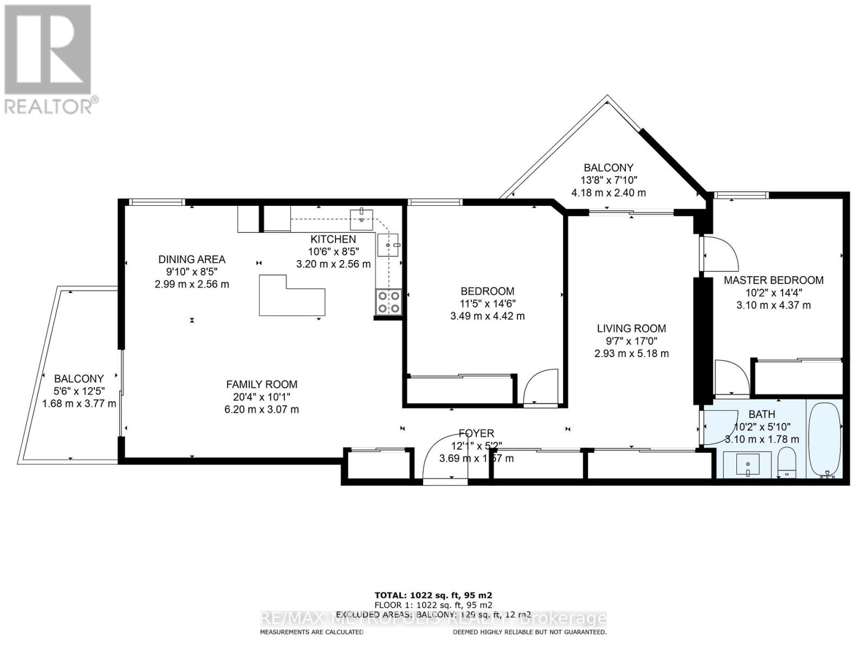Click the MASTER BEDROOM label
[x=773, y=280]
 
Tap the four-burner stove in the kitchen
[x=389, y=302]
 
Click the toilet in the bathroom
[x=786, y=462]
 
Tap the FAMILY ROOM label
[x=262, y=385]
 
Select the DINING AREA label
[x=192, y=259]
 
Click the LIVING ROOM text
[x=631, y=328]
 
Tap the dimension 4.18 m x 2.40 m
[x=608, y=193]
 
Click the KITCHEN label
[x=333, y=239]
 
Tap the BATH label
[x=762, y=414]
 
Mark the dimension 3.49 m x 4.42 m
[x=487, y=316]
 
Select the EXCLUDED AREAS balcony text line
[x=433, y=615]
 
